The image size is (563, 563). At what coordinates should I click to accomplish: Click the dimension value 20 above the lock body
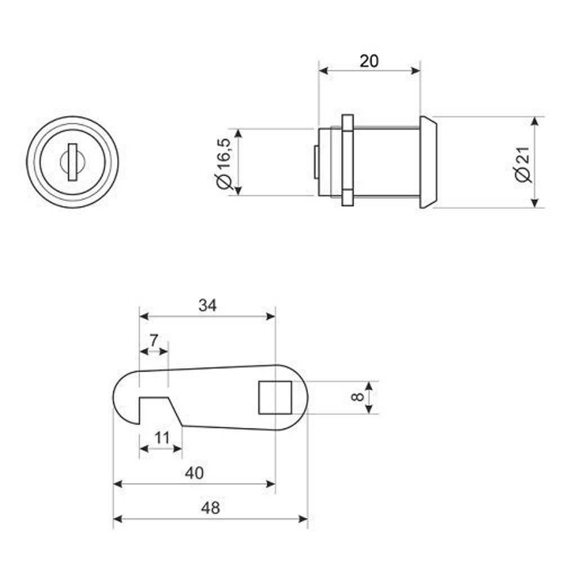pyautogui.click(x=369, y=61)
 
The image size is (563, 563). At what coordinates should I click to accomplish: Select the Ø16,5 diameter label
pyautogui.click(x=224, y=163)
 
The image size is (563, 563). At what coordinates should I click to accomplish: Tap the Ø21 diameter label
pyautogui.click(x=522, y=164)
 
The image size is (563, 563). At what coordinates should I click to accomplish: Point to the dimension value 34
pyautogui.click(x=208, y=306)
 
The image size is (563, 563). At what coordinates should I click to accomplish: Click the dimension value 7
pyautogui.click(x=154, y=341)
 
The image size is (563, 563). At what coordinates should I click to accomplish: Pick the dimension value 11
pyautogui.click(x=162, y=438)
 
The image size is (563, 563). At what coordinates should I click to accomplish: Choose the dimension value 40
pyautogui.click(x=194, y=473)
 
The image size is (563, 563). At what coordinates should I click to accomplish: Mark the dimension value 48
pyautogui.click(x=211, y=508)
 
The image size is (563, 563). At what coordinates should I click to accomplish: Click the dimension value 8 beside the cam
pyautogui.click(x=358, y=397)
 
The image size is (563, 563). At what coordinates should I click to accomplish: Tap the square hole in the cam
pyautogui.click(x=275, y=397)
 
